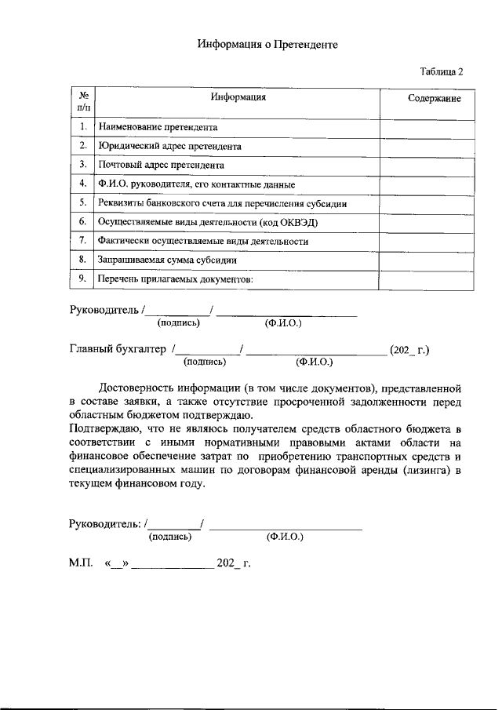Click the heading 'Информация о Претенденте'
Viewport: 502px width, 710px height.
tap(267, 45)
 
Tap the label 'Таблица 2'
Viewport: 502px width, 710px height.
tap(442, 71)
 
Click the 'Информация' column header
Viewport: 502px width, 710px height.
tap(238, 97)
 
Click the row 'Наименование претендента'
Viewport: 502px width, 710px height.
tap(157, 126)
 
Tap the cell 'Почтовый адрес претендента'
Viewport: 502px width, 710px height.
tap(161, 166)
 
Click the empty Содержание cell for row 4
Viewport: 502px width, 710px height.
tap(427, 184)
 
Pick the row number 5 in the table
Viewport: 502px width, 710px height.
tap(82, 203)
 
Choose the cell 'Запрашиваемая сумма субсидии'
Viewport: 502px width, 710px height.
tap(167, 260)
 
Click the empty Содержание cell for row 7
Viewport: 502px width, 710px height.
tap(427, 241)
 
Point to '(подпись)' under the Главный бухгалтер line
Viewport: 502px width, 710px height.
tap(205, 362)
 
